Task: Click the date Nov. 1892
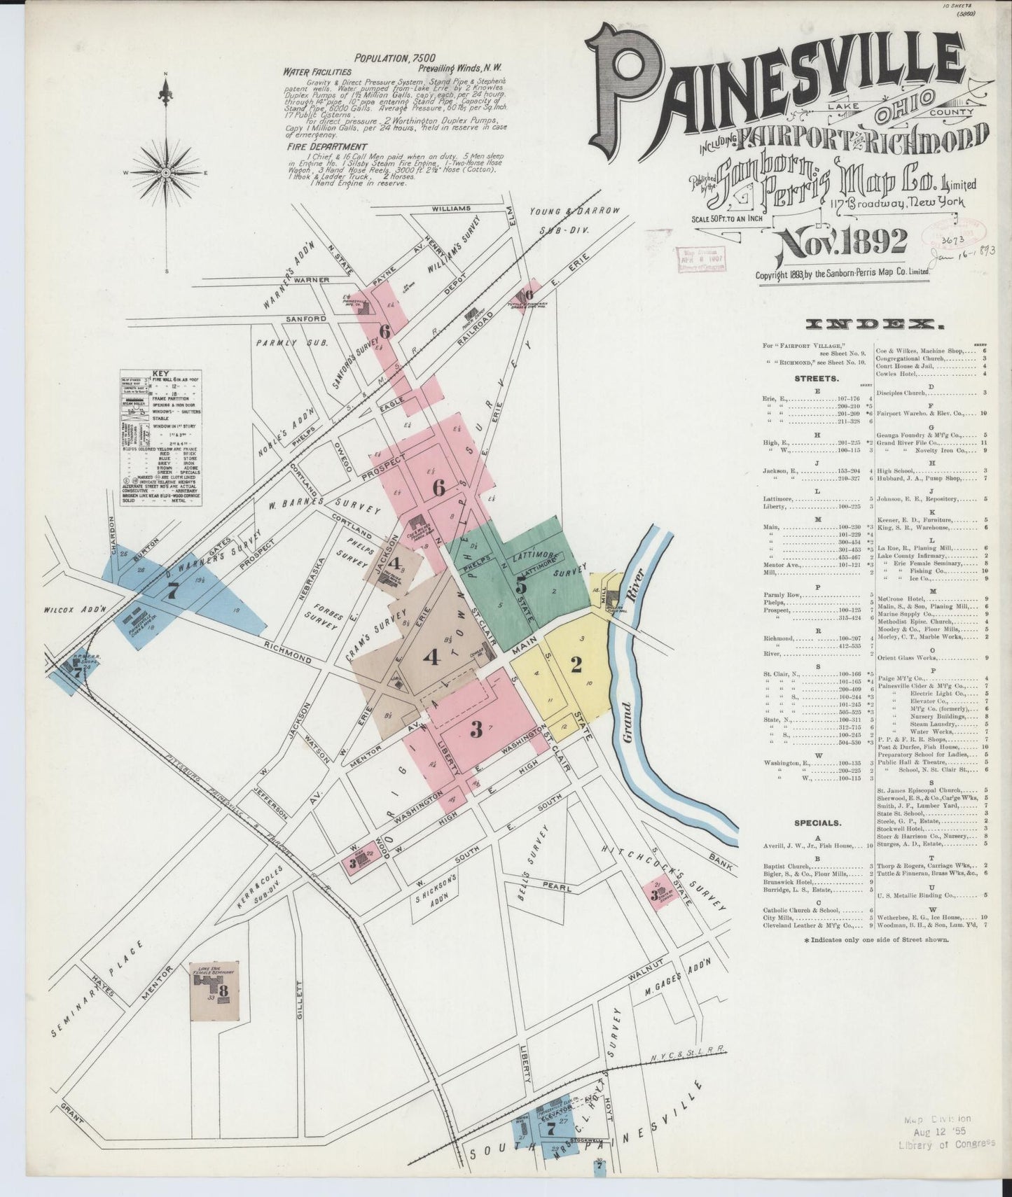pos(839,244)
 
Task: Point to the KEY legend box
pos(161,437)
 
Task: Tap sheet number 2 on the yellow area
pos(576,665)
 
